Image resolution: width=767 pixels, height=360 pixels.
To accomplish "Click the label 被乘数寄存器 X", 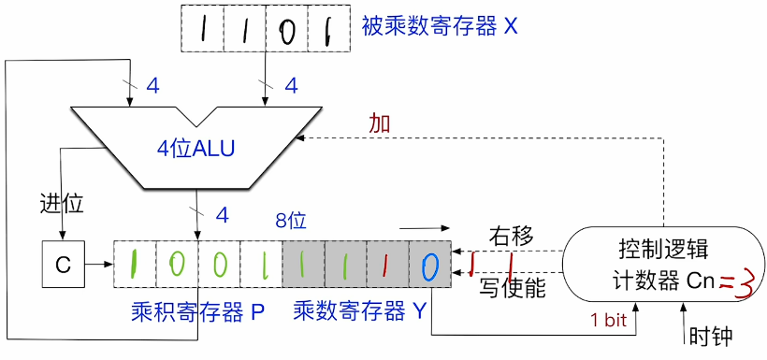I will click(x=439, y=26).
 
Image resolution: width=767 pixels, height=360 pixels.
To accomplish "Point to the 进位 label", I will click(x=61, y=202).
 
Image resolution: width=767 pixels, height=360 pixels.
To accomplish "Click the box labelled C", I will click(x=63, y=265).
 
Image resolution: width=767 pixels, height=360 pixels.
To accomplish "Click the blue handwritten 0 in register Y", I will click(x=429, y=266).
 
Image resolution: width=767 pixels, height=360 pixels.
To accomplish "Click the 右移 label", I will click(x=513, y=237).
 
